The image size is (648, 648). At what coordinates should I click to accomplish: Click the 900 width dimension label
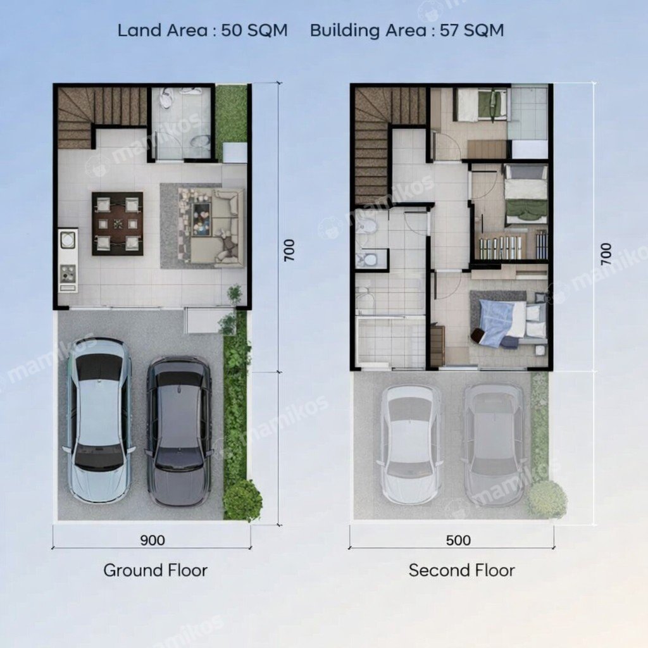click(153, 540)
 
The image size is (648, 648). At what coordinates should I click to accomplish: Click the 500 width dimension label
click(458, 540)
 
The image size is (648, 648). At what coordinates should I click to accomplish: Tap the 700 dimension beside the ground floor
click(289, 249)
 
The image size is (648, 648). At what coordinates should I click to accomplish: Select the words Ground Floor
click(156, 570)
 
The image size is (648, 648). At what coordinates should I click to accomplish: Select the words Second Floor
click(461, 570)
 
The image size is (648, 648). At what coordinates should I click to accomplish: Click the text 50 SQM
click(254, 30)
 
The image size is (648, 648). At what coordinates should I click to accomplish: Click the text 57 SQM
click(471, 30)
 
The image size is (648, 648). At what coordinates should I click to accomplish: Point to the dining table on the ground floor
click(118, 223)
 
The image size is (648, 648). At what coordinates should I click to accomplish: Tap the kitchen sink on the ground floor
click(67, 239)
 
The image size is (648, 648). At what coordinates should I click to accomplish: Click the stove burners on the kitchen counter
click(68, 273)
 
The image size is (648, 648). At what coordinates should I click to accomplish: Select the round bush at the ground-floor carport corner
click(242, 501)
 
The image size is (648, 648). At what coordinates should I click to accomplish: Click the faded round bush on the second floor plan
click(547, 499)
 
